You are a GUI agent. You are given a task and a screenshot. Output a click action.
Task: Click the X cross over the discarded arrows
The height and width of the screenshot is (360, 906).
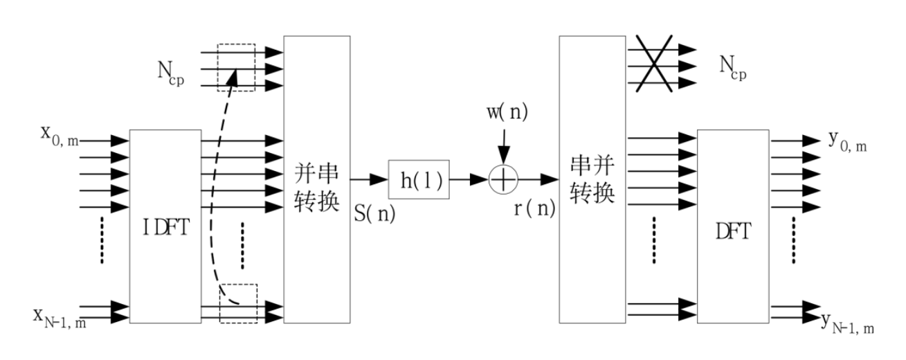coord(652,66)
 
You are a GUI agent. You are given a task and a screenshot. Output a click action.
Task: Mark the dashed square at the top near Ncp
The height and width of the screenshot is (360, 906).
coord(236,68)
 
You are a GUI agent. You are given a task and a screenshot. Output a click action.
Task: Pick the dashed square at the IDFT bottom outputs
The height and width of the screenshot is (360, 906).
coord(238,303)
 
